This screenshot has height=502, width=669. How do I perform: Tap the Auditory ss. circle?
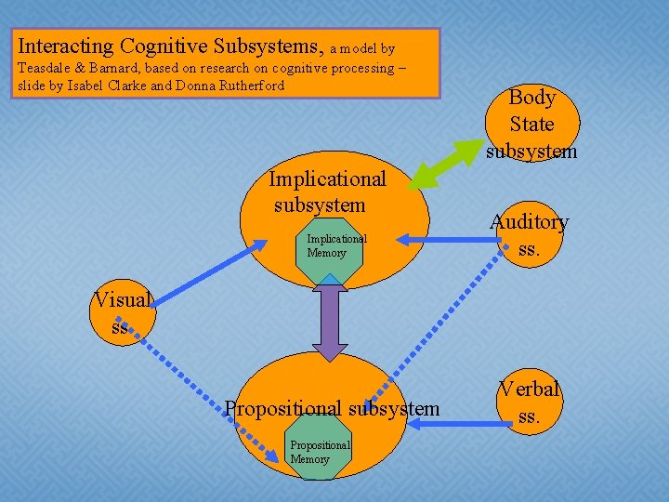[x=529, y=235]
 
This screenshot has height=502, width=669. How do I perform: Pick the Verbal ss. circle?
[x=528, y=403]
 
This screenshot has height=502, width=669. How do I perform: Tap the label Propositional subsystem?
[x=332, y=408]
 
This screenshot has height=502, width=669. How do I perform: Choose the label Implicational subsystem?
[x=326, y=191]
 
